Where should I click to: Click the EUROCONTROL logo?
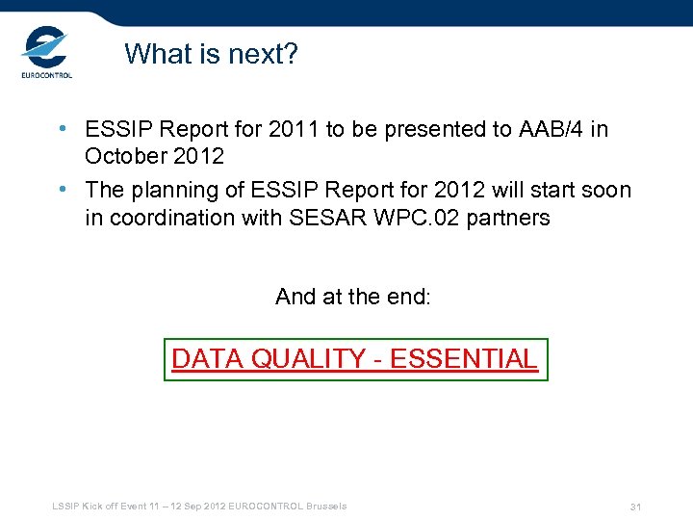[46, 52]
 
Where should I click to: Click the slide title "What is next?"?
[211, 54]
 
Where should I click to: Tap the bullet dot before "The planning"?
[62, 191]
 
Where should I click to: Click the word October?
[122, 156]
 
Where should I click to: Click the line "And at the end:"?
[353, 297]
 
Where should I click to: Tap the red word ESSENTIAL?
[464, 359]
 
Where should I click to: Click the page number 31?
[635, 507]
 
